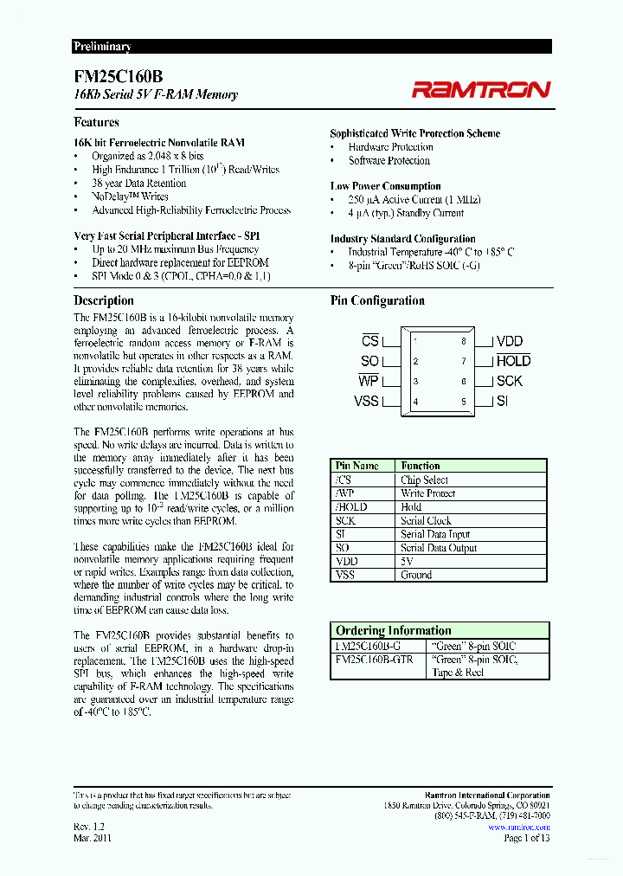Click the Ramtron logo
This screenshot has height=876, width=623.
(480, 88)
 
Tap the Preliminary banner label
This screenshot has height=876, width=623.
(102, 47)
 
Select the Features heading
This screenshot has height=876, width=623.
(97, 123)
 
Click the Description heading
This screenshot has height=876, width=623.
(104, 300)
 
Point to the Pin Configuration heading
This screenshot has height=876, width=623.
(377, 300)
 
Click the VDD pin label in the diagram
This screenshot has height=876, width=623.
(510, 341)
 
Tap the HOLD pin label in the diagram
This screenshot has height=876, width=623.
(513, 361)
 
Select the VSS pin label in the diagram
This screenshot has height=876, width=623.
(366, 401)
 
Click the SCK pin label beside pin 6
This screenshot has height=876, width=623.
(510, 381)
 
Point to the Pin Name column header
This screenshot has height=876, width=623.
(356, 466)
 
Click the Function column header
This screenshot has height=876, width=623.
(421, 466)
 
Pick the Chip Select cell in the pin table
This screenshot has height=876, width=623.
(424, 480)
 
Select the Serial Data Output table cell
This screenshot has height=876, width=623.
(439, 547)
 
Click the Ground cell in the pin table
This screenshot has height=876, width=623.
(416, 575)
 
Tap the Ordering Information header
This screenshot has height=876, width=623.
(393, 630)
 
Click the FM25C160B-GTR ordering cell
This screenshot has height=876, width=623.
(374, 659)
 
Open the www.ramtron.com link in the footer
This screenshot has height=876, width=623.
(518, 827)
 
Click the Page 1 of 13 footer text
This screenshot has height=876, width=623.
(526, 837)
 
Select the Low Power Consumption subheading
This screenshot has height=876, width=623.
(385, 186)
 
